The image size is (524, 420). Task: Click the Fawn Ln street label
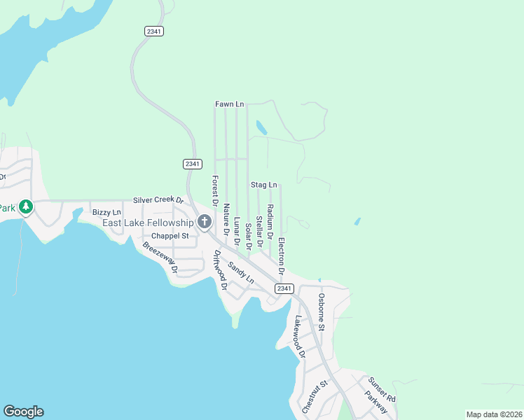[x=229, y=104]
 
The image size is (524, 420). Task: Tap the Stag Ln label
[x=263, y=185]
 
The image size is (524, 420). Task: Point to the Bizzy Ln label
[x=106, y=212]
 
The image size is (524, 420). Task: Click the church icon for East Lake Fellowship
[x=205, y=223]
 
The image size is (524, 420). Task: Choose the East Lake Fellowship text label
[x=147, y=223]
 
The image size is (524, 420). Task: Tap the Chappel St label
[x=170, y=236]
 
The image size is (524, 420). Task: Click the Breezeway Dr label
[x=160, y=256]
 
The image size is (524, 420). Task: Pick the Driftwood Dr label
[x=220, y=269]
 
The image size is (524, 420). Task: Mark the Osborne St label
[x=322, y=311]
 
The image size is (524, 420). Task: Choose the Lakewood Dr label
[x=300, y=336]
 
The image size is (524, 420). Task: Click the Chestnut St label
[x=315, y=396]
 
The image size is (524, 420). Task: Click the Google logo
[x=23, y=412]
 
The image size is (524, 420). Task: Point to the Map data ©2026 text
[x=494, y=414]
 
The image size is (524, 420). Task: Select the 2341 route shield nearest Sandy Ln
[x=284, y=288]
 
